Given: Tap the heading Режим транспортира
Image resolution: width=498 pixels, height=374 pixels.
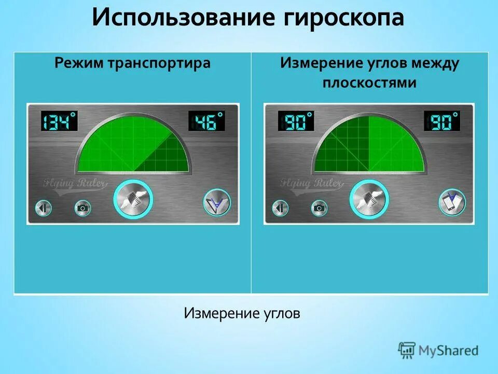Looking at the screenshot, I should [x=133, y=63].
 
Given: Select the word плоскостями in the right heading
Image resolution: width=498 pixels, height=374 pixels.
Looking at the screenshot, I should [x=369, y=83].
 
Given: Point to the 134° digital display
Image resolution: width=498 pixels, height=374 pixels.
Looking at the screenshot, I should [x=59, y=122].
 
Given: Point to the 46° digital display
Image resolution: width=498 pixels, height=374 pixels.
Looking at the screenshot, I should [x=206, y=122].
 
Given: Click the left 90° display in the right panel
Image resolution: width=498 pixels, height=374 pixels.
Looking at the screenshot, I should [x=296, y=122].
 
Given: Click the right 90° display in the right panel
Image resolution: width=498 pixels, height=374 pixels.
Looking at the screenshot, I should [x=442, y=122].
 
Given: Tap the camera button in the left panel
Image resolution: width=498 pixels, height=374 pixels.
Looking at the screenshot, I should [x=82, y=208].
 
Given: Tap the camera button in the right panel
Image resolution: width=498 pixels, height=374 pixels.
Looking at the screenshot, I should [x=320, y=208].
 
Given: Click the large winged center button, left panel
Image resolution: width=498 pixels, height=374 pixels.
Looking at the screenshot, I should [x=133, y=199].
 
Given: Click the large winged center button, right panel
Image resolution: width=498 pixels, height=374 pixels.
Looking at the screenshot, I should [x=369, y=199].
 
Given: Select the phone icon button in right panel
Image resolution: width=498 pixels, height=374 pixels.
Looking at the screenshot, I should [x=452, y=203].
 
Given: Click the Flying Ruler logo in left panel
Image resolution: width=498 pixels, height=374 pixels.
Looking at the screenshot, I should [x=76, y=183].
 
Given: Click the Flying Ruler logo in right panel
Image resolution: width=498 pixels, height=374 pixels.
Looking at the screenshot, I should [x=311, y=183].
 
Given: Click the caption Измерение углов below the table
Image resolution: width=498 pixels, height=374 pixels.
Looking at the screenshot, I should [x=242, y=314].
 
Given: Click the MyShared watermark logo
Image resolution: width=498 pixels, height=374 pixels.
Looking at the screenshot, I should [x=439, y=351].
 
